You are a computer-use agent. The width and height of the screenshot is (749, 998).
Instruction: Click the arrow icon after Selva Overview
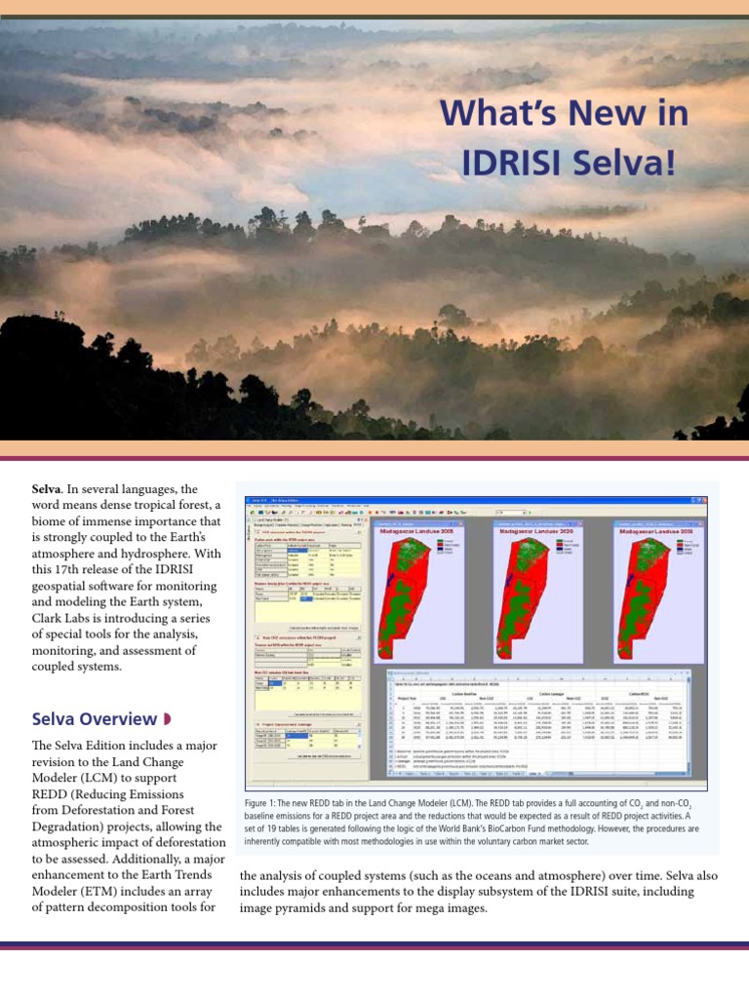click(167, 719)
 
